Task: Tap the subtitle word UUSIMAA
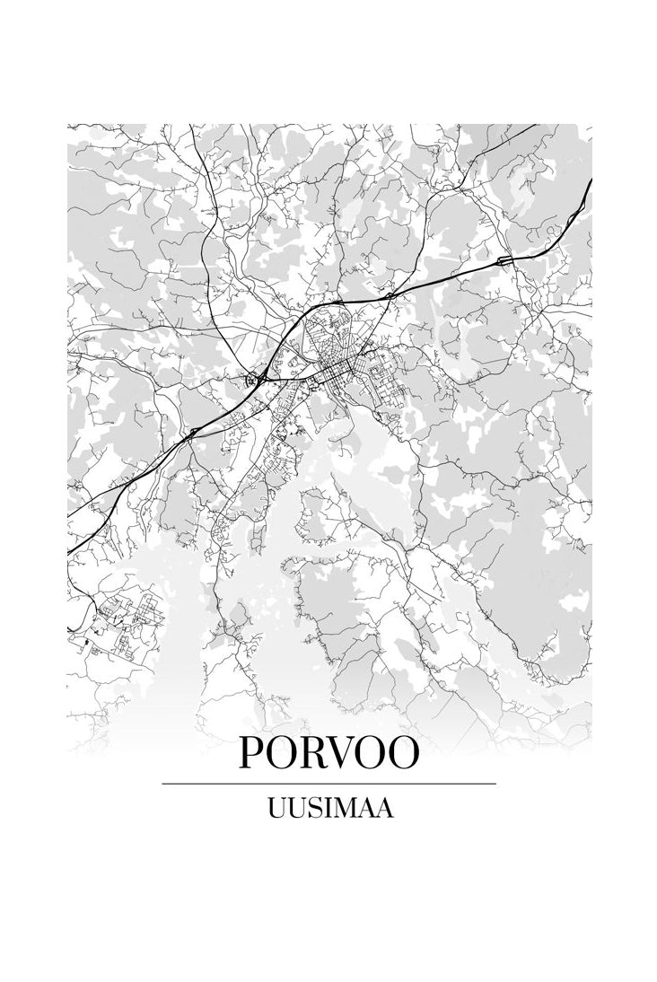click(x=329, y=809)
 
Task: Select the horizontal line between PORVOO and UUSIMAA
click(x=328, y=784)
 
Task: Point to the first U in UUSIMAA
click(x=276, y=809)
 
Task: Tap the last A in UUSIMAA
click(x=384, y=809)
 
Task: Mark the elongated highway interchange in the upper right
click(x=505, y=260)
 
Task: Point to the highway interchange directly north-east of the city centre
click(x=390, y=294)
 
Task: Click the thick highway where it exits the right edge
click(x=589, y=184)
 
